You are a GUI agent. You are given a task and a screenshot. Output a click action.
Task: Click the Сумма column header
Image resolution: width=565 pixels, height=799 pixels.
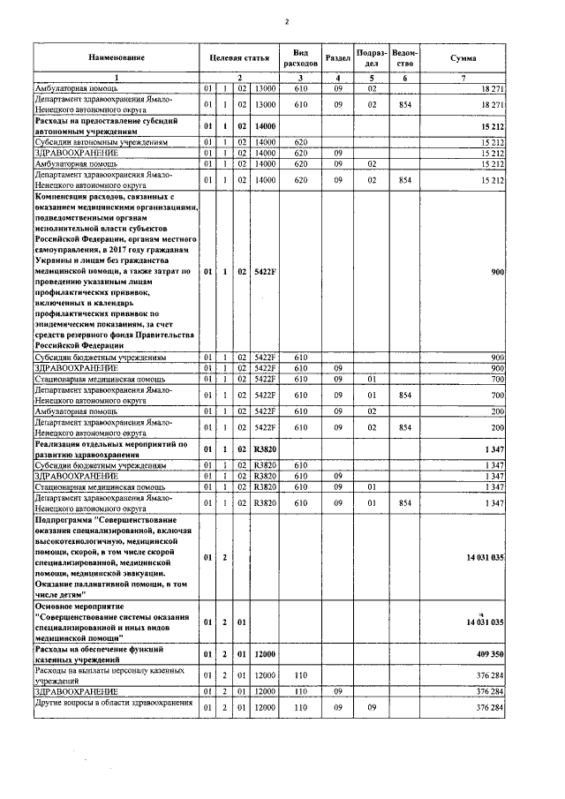click(463, 57)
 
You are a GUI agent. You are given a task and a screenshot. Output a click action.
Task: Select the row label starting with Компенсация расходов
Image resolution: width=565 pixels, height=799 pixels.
click(116, 273)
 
